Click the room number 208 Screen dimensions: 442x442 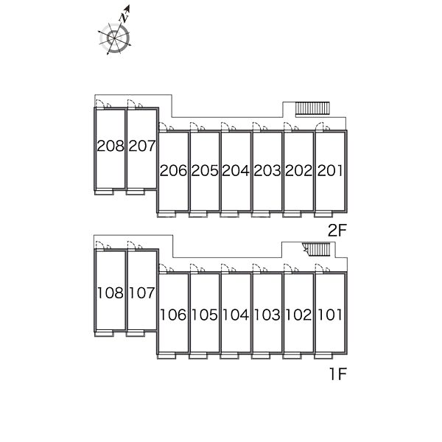[110, 146]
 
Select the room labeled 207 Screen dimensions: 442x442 [142, 146]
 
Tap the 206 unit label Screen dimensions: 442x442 [173, 171]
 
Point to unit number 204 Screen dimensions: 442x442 [236, 171]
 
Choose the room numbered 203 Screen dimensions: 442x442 [267, 171]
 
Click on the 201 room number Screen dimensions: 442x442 [330, 171]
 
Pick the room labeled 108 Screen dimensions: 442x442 [110, 293]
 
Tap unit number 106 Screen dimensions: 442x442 [173, 315]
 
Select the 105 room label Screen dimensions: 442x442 [205, 315]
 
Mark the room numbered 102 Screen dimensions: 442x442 [298, 315]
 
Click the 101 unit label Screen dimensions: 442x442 [330, 315]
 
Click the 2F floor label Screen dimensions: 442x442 [337, 231]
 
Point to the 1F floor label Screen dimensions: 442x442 [338, 374]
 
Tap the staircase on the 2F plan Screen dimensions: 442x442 [312, 109]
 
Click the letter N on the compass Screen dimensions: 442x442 [124, 18]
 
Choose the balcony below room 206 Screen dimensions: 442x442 [166, 214]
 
